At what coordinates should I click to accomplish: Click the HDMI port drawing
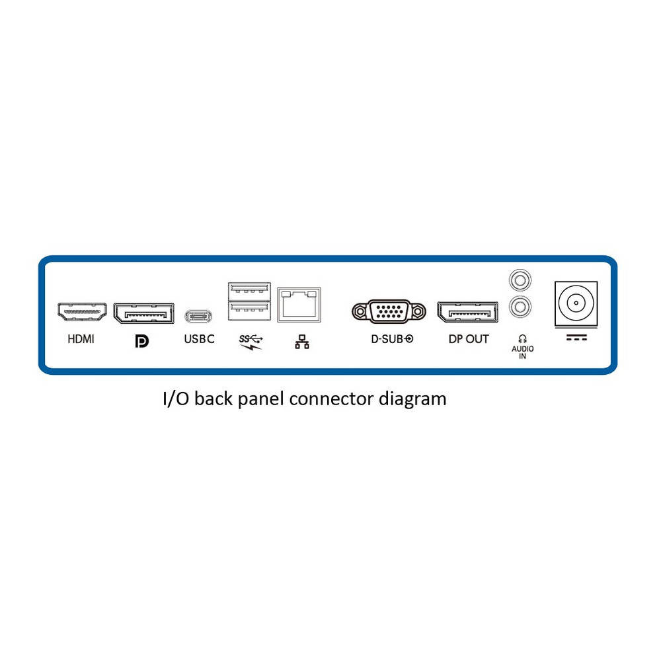(x=82, y=311)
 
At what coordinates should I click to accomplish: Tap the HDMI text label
(x=81, y=339)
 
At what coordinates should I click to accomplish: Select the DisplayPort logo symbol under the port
(x=141, y=341)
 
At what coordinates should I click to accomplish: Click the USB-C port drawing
(x=198, y=316)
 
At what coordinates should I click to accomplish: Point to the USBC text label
(x=200, y=339)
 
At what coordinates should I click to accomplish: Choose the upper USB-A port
(x=249, y=291)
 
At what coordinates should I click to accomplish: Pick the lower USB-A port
(x=249, y=310)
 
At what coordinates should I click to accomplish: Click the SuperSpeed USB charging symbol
(x=251, y=342)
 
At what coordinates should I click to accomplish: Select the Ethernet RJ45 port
(x=299, y=305)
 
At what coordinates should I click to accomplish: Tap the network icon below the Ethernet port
(x=302, y=342)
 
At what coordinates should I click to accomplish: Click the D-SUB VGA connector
(x=389, y=311)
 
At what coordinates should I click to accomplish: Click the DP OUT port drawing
(x=467, y=312)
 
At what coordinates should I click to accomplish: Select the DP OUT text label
(x=469, y=339)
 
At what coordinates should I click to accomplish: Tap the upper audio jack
(x=520, y=280)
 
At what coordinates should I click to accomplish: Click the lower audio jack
(x=520, y=307)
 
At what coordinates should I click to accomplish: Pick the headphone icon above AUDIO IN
(x=522, y=338)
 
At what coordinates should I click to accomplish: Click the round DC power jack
(x=576, y=303)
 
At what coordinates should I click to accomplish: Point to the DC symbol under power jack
(x=576, y=337)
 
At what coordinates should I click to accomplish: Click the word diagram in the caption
(x=412, y=399)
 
